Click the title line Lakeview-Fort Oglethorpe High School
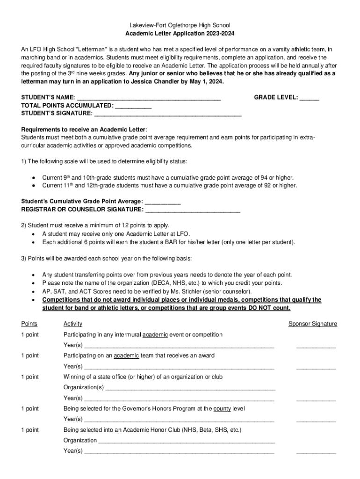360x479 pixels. click(180, 25)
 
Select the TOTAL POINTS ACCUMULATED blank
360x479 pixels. click(133, 105)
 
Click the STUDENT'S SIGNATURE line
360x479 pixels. click(168, 113)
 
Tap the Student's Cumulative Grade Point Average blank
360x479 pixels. click(163, 201)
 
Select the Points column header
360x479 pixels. click(29, 324)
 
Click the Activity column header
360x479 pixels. click(73, 324)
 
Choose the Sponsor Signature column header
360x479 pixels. click(312, 324)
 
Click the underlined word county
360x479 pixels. click(222, 408)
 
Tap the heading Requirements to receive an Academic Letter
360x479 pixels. click(84, 130)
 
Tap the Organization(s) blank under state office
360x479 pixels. click(190, 387)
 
